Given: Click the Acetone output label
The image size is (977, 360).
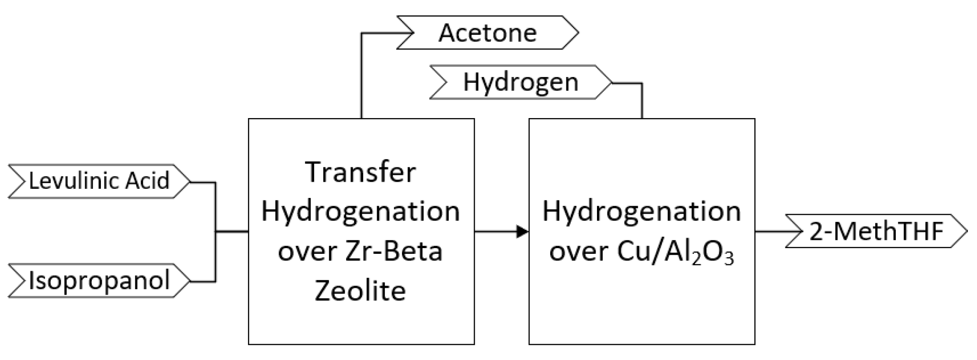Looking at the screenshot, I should pos(488,33).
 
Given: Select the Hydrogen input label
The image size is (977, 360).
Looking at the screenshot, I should pos(520,83).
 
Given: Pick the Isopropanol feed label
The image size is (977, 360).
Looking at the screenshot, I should pos(99,281).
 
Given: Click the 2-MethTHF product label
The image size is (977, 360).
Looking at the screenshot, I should pos(876,232).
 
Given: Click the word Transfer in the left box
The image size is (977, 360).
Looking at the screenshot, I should pos(361,172).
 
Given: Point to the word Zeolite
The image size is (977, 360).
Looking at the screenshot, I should pos(361,291).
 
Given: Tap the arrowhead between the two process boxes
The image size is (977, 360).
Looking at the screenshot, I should pos(522,232).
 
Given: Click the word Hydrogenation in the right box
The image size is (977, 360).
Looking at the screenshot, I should pos(641,211).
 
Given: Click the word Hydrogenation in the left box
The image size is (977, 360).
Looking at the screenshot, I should pos(361,211).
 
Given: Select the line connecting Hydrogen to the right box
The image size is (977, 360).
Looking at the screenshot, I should pos(641,100).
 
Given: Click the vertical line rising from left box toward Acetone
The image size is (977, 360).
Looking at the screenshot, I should pos(361,76).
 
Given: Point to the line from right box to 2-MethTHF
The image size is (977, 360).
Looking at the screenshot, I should pos(771,232).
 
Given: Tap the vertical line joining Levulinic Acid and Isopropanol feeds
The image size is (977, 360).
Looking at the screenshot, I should pos(216,232).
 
